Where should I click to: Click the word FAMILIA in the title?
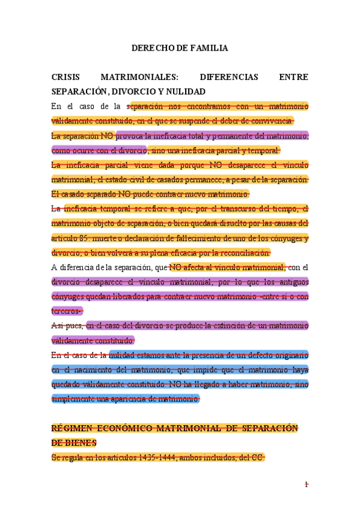[207, 48]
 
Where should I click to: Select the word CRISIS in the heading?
[65, 78]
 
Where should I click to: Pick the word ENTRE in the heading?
[294, 78]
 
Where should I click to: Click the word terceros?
[67, 311]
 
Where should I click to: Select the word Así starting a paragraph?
[58, 326]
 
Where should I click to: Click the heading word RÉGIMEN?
[73, 428]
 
